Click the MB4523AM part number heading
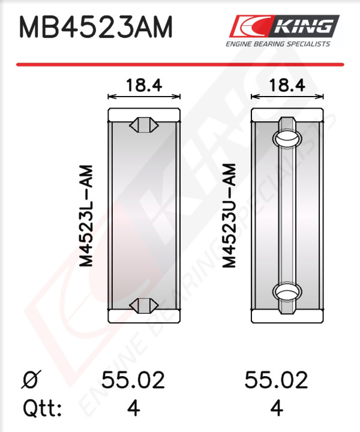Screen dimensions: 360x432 click(x=95, y=27)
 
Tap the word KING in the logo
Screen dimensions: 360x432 click(x=303, y=26)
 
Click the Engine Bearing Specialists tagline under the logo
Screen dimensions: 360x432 click(x=278, y=44)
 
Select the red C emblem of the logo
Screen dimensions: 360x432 click(x=249, y=26)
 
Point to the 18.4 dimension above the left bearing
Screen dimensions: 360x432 click(x=144, y=85)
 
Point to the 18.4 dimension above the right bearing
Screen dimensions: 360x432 click(x=287, y=85)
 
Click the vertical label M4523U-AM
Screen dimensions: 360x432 click(x=229, y=216)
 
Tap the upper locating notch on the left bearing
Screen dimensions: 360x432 click(x=144, y=125)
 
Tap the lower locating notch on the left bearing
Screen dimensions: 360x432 click(x=144, y=305)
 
